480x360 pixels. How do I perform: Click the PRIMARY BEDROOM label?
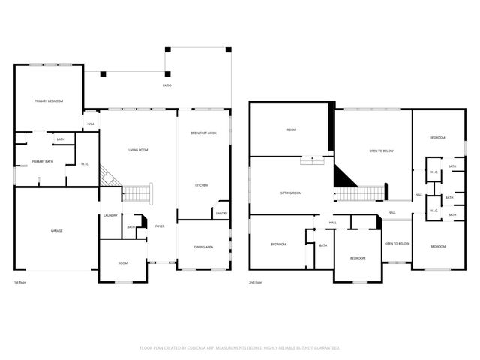(48, 100)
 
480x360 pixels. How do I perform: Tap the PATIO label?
(166, 85)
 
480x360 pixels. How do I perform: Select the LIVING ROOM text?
(137, 150)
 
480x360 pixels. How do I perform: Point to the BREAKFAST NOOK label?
(203, 133)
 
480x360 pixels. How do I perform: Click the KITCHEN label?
(202, 185)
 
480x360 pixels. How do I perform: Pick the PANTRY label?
(221, 214)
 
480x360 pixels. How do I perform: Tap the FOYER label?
(160, 226)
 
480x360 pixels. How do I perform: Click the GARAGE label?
(56, 230)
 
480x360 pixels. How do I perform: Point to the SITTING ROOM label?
(291, 193)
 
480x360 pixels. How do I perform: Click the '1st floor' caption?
(20, 283)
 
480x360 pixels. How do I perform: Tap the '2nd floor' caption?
(256, 283)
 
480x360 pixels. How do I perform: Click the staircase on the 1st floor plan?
(137, 194)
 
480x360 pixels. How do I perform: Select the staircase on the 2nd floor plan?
(355, 195)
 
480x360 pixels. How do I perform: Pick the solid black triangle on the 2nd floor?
(342, 179)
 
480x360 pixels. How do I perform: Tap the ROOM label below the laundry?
(123, 263)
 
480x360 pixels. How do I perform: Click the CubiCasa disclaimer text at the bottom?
(240, 348)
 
